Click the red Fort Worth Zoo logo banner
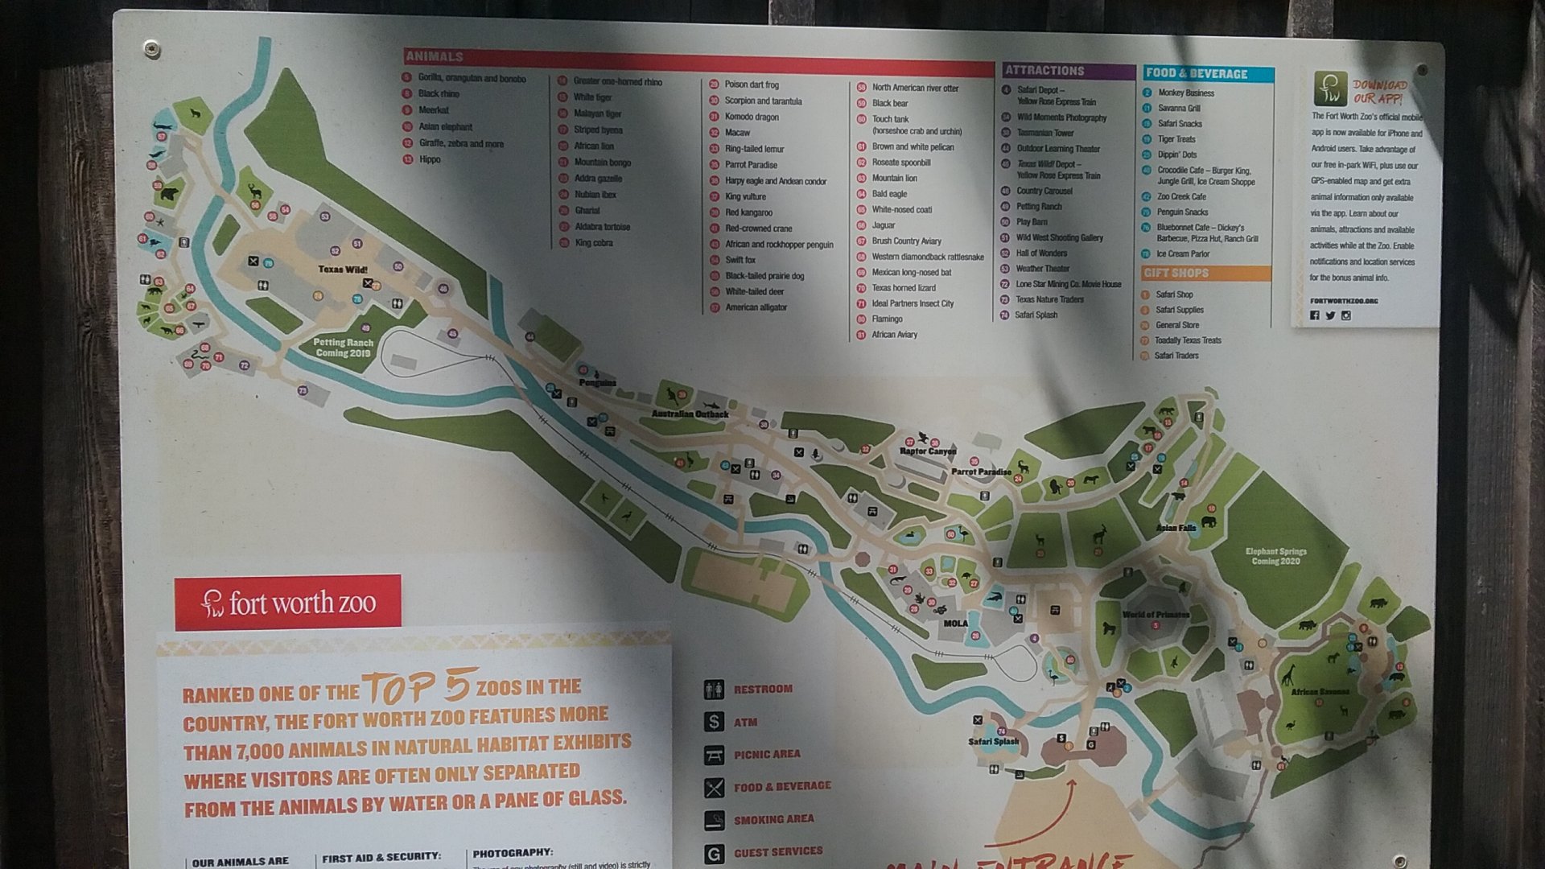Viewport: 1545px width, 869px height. [287, 602]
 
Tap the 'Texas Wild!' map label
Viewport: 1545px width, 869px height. [342, 270]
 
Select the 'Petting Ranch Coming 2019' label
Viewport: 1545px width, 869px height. [343, 348]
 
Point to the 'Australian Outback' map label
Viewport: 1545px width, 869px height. [690, 414]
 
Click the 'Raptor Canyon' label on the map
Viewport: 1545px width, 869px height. [927, 451]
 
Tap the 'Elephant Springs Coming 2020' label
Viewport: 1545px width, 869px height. [1275, 556]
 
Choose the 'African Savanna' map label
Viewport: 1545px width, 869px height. [1320, 692]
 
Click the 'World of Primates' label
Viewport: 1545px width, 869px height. [1156, 615]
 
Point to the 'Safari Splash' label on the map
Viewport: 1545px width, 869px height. [993, 742]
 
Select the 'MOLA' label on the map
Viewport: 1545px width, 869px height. [955, 624]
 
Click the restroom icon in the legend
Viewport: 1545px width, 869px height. [714, 690]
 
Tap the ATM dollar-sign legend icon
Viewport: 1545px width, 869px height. [714, 722]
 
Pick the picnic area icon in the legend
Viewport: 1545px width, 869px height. [714, 755]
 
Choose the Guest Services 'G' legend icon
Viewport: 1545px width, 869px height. [714, 853]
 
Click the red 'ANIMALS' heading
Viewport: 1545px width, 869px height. [435, 56]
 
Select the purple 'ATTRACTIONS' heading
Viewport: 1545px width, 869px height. [1044, 71]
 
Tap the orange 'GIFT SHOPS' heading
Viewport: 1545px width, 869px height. [1176, 273]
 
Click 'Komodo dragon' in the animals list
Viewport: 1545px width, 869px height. [752, 117]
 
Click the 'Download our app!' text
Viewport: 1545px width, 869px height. [1379, 91]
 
